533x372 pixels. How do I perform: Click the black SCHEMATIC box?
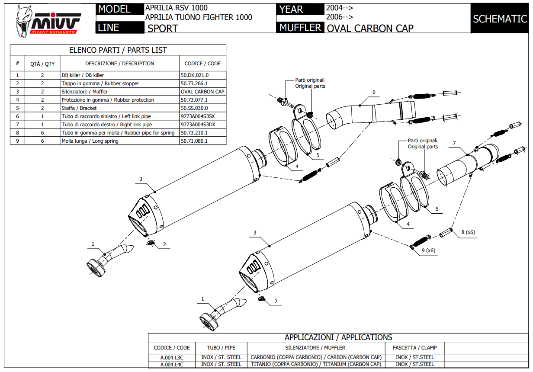500,19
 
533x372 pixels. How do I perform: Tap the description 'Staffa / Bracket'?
79,108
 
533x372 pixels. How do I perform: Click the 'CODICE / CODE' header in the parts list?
202,64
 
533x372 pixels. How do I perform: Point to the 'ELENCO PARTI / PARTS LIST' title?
118,50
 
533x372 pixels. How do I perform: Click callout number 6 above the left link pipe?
374,92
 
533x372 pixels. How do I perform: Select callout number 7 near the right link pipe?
454,143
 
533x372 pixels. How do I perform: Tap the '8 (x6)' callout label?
468,232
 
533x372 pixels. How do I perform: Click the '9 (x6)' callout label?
428,250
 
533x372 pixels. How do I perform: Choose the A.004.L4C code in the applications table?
172,364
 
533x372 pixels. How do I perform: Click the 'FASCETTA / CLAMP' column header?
414,348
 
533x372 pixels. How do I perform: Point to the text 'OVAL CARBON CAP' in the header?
370,29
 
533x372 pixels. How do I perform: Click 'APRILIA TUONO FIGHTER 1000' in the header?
199,17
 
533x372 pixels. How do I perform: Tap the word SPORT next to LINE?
163,29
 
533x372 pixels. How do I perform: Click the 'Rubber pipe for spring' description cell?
118,133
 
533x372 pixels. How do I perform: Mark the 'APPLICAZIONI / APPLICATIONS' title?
338,337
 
